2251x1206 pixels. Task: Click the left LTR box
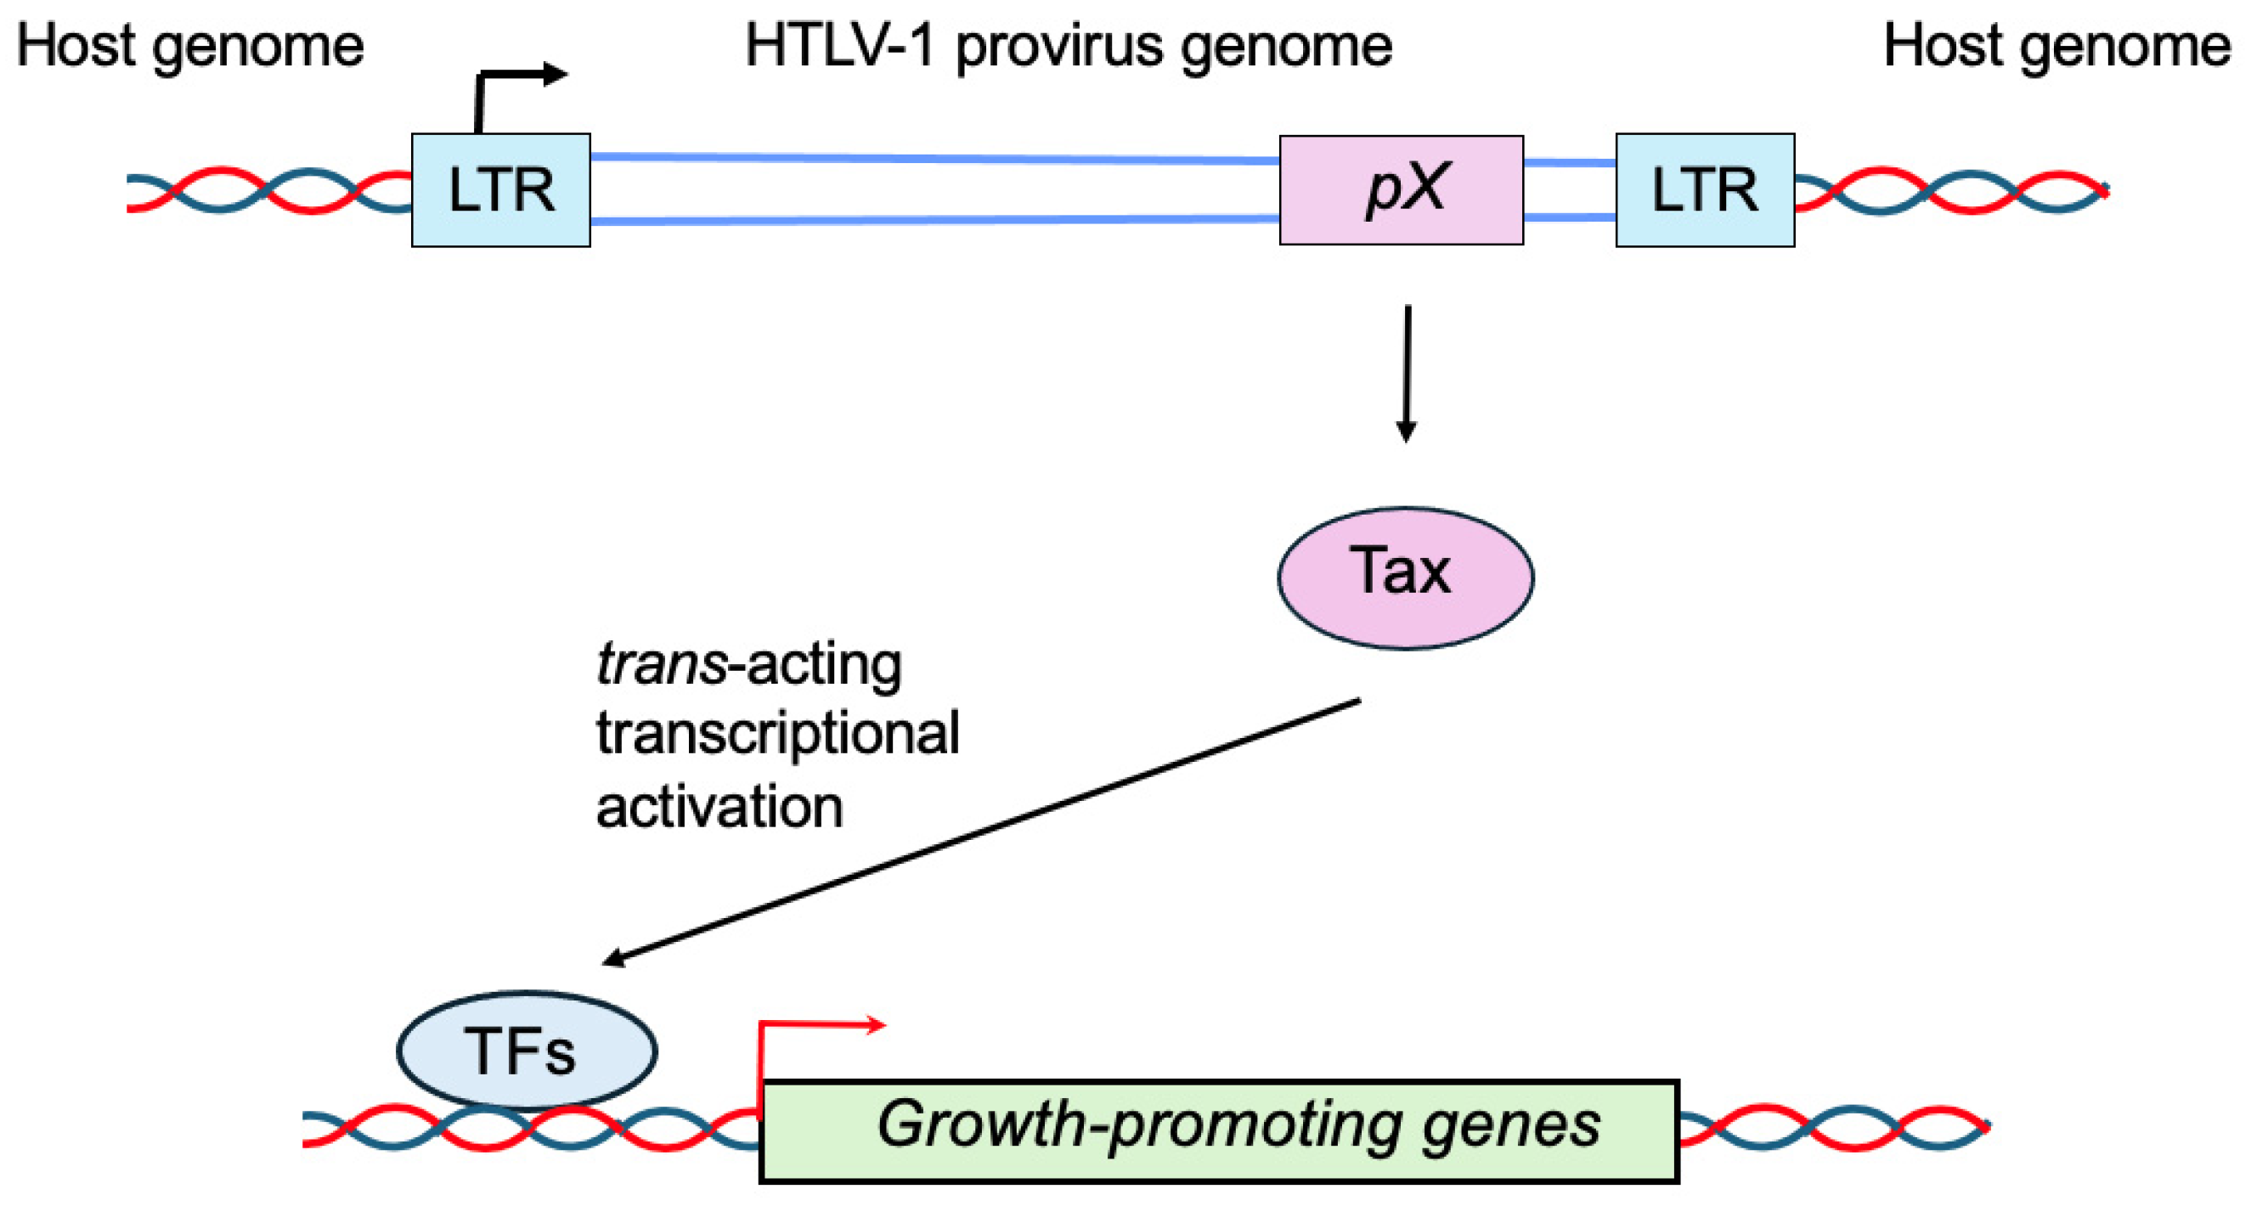[500, 189]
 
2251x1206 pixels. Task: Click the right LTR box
[1705, 189]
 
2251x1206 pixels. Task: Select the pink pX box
[1401, 189]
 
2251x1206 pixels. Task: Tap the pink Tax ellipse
[1404, 577]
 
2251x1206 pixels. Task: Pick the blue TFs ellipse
[526, 1050]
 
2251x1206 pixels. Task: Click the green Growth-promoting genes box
[1219, 1131]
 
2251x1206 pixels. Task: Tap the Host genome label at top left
[189, 46]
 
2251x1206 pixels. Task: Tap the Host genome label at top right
[2056, 46]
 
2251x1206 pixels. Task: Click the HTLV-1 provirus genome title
[1068, 46]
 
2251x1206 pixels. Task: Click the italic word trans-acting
[748, 664]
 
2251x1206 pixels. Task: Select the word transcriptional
[778, 732]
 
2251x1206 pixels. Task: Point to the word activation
[719, 806]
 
